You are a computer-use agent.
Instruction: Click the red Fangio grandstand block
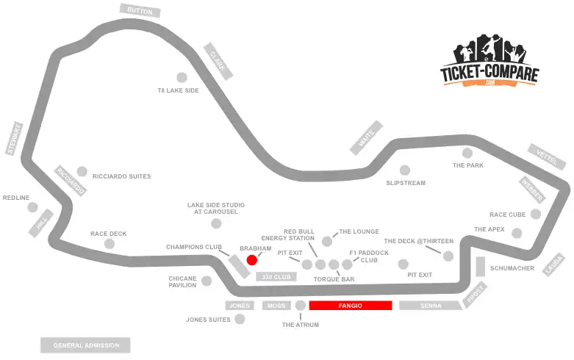click(350, 305)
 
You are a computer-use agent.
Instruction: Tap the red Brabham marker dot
click(251, 259)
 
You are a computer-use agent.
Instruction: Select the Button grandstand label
click(140, 10)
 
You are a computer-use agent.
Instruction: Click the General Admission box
click(85, 345)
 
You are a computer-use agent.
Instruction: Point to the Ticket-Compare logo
click(489, 62)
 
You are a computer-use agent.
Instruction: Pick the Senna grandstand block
click(431, 305)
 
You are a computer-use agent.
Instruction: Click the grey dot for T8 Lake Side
click(182, 76)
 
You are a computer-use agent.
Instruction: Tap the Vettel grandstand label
click(548, 155)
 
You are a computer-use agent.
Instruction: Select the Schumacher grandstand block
click(481, 267)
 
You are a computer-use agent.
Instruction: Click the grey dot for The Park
click(467, 153)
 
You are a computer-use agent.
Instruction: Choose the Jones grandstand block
click(239, 305)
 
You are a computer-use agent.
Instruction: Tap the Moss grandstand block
click(277, 305)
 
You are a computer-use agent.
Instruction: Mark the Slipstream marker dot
click(404, 170)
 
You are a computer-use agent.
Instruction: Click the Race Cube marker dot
click(536, 215)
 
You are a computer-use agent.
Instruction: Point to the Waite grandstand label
click(366, 137)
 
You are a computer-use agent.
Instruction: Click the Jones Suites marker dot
click(239, 320)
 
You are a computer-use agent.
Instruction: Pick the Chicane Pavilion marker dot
click(207, 281)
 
